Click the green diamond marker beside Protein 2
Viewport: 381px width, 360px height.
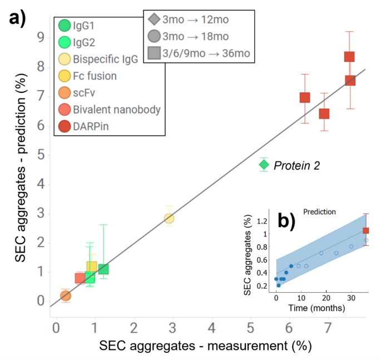pyautogui.click(x=264, y=165)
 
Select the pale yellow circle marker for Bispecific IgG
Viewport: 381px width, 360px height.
pyautogui.click(x=169, y=218)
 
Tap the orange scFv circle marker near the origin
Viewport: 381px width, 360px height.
pyautogui.click(x=66, y=295)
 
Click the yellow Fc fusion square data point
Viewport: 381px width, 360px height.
pyautogui.click(x=92, y=267)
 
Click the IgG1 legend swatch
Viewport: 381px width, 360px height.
pyautogui.click(x=65, y=25)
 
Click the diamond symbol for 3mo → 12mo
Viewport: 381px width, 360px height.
pyautogui.click(x=154, y=20)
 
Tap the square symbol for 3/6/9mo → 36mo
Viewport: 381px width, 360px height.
pyautogui.click(x=154, y=53)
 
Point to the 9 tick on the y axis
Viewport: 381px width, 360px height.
pyautogui.click(x=41, y=38)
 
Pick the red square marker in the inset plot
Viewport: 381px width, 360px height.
pyautogui.click(x=365, y=230)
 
